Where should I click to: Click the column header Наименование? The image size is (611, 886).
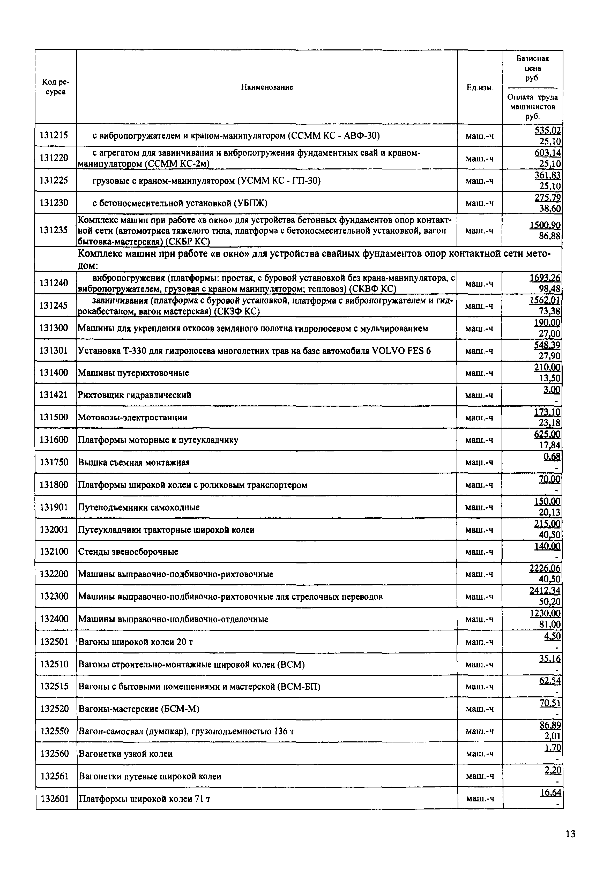click(x=267, y=87)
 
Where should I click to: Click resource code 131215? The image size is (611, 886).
click(x=54, y=135)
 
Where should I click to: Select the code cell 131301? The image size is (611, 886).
click(x=54, y=350)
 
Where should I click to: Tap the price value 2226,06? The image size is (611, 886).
click(x=545, y=569)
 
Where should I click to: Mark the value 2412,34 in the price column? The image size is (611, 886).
click(x=545, y=591)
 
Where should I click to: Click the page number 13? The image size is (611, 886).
click(x=570, y=834)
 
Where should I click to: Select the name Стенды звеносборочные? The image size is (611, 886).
click(x=128, y=552)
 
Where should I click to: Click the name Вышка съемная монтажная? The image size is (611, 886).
click(x=134, y=462)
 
